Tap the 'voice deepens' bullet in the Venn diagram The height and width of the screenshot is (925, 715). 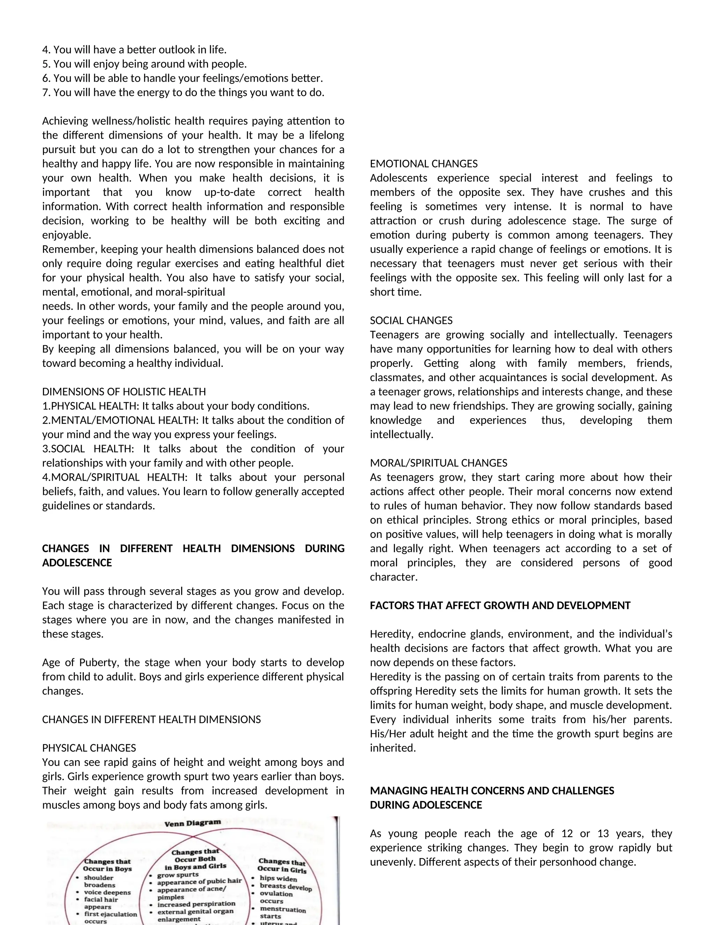click(107, 893)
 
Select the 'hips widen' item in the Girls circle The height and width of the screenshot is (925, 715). click(278, 879)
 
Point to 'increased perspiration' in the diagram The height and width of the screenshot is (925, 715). click(196, 904)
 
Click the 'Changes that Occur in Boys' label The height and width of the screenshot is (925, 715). click(107, 865)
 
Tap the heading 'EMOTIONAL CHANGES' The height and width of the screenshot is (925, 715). click(423, 164)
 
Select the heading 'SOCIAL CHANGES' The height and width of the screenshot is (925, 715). click(411, 321)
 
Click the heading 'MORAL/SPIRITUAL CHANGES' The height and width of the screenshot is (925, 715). click(438, 463)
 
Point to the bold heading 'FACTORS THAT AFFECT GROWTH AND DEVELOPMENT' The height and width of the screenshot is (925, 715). click(500, 606)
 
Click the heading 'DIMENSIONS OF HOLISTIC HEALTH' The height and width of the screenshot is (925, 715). click(124, 392)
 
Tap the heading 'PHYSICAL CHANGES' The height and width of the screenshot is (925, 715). click(89, 748)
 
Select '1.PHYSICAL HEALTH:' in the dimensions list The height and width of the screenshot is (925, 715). click(90, 406)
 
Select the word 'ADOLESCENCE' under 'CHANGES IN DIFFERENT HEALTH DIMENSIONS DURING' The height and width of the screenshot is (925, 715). click(77, 563)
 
